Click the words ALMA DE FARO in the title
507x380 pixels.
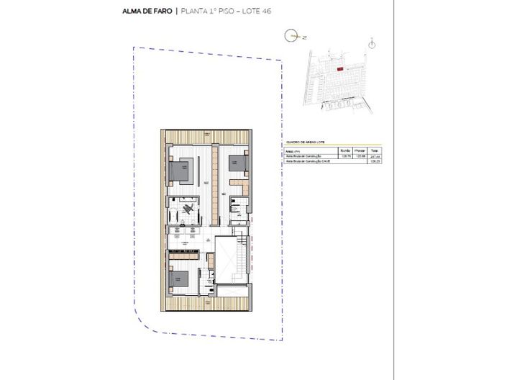[x=148, y=12]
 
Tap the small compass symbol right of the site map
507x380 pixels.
[x=371, y=44]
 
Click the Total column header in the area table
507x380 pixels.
[x=374, y=150]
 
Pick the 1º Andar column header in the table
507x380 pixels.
[x=359, y=150]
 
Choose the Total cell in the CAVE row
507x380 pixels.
[x=374, y=162]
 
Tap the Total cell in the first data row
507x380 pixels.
[x=374, y=156]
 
